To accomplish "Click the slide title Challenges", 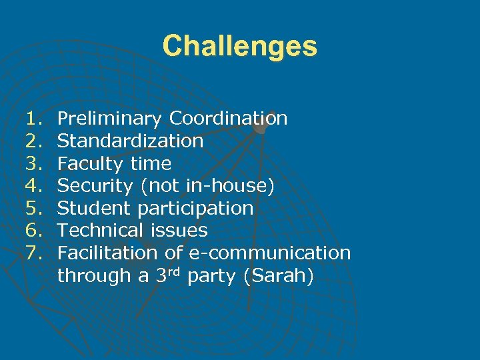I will click(240, 47).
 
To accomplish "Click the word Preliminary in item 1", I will click(109, 119).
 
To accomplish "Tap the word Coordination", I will click(228, 119).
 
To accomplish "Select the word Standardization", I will click(131, 141).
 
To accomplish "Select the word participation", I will click(195, 209).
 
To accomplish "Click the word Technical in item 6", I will click(100, 231).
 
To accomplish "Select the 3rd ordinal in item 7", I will click(169, 274).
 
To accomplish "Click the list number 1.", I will click(33, 119).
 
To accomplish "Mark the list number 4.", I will click(33, 186).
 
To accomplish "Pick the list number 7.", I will click(33, 253).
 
